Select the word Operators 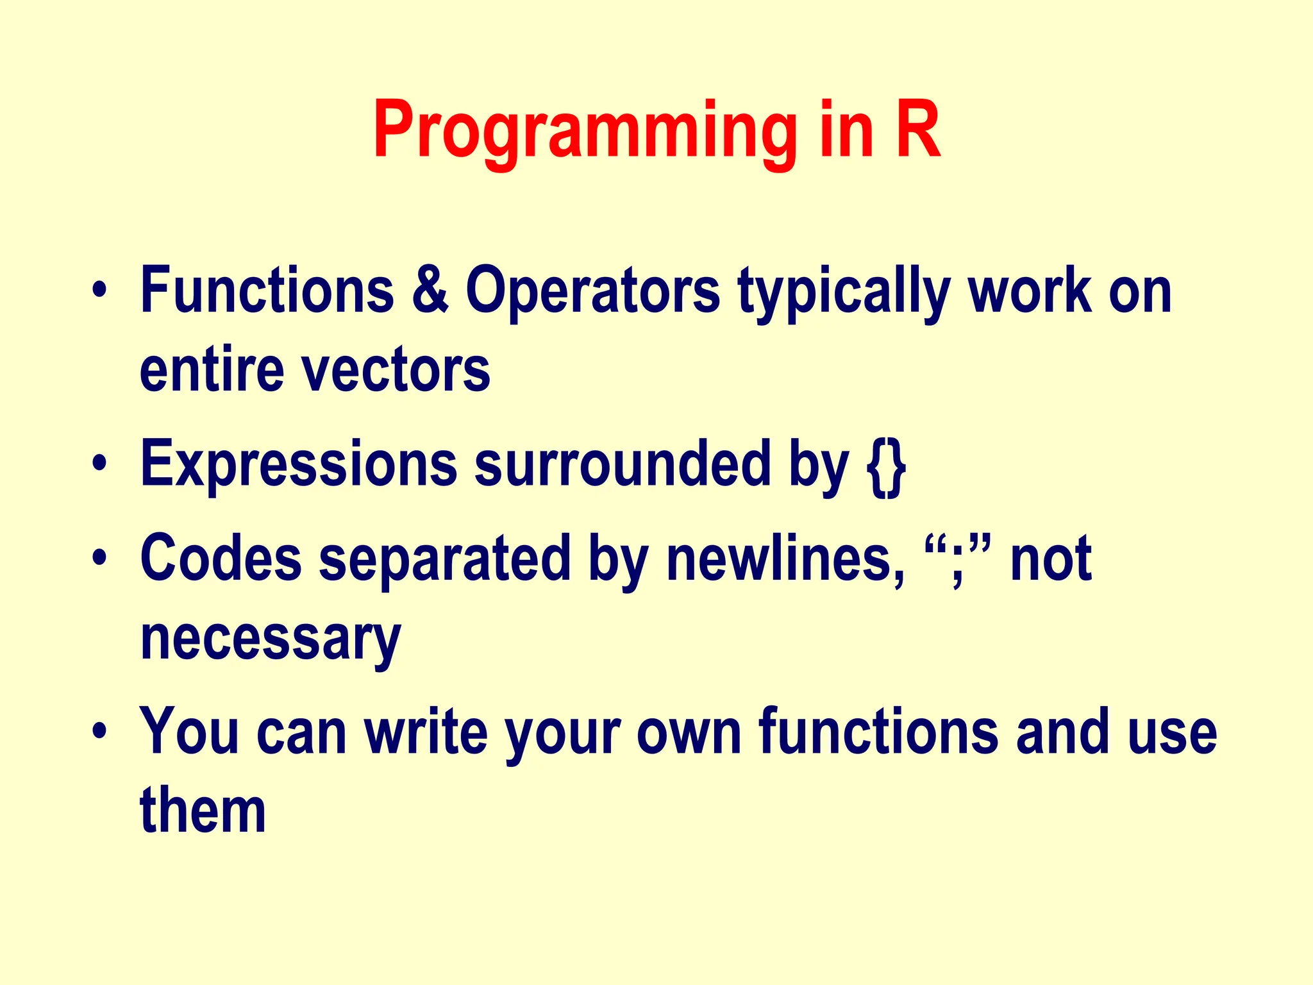pyautogui.click(x=593, y=292)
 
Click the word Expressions pyautogui.click(x=299, y=466)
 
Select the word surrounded pyautogui.click(x=622, y=464)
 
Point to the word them pyautogui.click(x=203, y=811)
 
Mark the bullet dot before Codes pyautogui.click(x=99, y=557)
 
